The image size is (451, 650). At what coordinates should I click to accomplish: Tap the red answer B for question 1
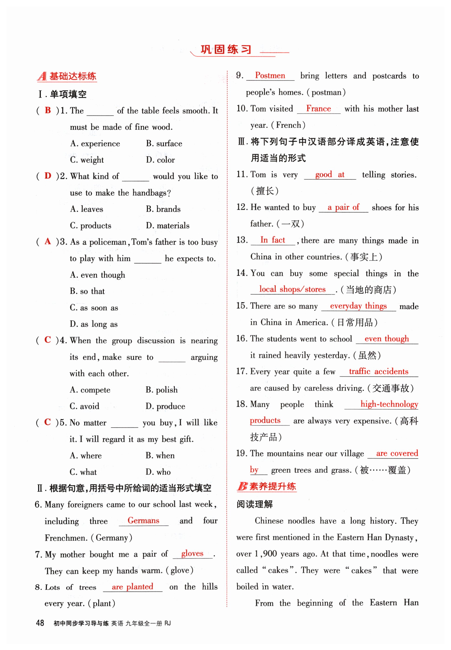48,110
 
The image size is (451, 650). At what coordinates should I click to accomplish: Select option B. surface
164,143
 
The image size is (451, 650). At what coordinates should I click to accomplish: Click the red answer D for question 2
48,176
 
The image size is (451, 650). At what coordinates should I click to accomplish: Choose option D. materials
167,225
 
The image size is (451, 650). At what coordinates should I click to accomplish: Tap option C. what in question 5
83,472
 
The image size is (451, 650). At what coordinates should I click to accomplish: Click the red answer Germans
143,520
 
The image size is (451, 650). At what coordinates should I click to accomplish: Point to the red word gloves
192,553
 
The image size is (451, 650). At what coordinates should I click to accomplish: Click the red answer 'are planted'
132,586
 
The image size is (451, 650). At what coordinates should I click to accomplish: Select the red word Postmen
270,75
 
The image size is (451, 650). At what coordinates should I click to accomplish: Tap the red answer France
319,108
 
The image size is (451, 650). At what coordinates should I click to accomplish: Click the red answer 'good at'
329,174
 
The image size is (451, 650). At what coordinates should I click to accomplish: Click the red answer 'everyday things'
358,306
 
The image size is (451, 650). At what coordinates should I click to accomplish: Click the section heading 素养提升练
272,486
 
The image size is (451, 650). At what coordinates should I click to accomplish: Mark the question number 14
242,273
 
